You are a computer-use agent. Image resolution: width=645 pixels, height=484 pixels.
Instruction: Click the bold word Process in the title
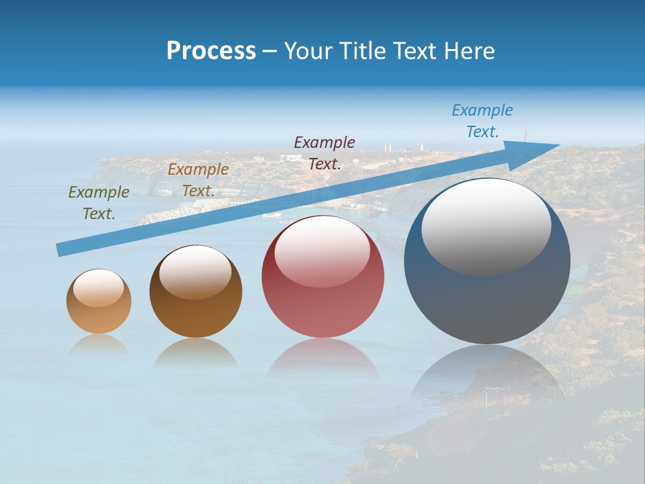211,51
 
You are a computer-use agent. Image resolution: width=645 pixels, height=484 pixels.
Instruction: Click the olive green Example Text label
99,203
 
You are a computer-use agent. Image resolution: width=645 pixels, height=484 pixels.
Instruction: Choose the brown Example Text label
198,180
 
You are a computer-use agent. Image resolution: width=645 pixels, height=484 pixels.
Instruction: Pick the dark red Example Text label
325,153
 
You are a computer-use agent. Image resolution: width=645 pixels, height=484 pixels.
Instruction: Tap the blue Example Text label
482,121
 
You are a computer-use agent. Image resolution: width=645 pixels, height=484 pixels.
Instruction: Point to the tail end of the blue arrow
60,250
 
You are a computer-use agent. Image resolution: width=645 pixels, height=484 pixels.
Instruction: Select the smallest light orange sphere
99,316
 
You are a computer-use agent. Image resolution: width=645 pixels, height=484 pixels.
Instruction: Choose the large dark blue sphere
487,302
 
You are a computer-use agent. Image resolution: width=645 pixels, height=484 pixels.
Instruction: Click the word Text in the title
415,51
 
